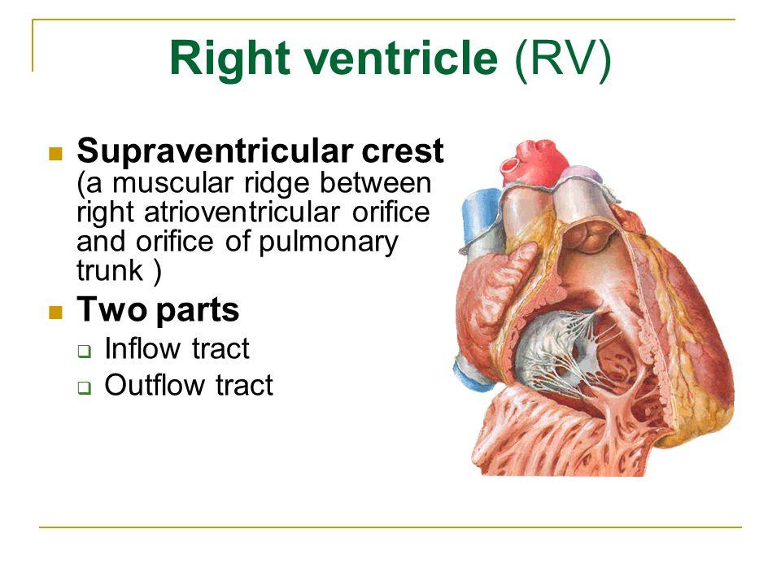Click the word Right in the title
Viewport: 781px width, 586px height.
click(x=229, y=59)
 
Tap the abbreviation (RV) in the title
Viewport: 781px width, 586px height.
click(x=563, y=59)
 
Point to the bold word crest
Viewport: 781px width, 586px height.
click(x=403, y=151)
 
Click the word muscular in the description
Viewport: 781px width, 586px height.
click(x=172, y=182)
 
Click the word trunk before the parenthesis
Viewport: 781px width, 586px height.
click(x=110, y=269)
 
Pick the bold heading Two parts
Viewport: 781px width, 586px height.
click(x=158, y=310)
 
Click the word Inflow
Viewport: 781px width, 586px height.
click(x=142, y=348)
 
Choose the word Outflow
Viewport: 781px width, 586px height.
click(x=154, y=385)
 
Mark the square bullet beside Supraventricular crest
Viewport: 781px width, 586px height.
click(x=56, y=154)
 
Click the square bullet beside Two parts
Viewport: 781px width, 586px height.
click(x=56, y=313)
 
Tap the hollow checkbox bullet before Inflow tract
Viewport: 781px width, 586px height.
click(x=85, y=352)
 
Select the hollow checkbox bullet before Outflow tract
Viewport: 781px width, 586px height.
click(x=85, y=387)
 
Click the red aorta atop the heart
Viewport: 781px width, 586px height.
click(x=535, y=162)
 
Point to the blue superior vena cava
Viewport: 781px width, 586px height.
click(x=479, y=219)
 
